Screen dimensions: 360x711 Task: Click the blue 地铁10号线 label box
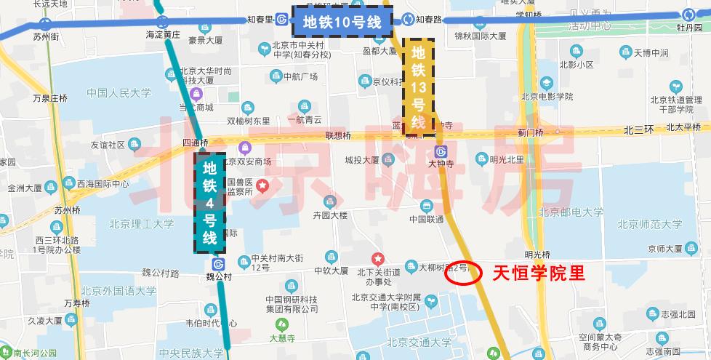[x=342, y=21]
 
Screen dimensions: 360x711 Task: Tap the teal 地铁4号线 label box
[x=209, y=202]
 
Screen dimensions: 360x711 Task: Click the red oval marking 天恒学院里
[x=463, y=272]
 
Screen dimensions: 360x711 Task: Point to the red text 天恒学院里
[x=539, y=273]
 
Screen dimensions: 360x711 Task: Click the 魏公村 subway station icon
[x=218, y=265]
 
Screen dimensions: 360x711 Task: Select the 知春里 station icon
[x=281, y=20]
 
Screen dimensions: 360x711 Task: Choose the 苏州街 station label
[x=45, y=35]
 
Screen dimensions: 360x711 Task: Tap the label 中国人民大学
[x=118, y=93]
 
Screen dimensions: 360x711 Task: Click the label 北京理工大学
[x=142, y=223]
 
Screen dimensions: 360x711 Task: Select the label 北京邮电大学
[x=571, y=212]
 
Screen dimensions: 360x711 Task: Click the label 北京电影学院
[x=547, y=97]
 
